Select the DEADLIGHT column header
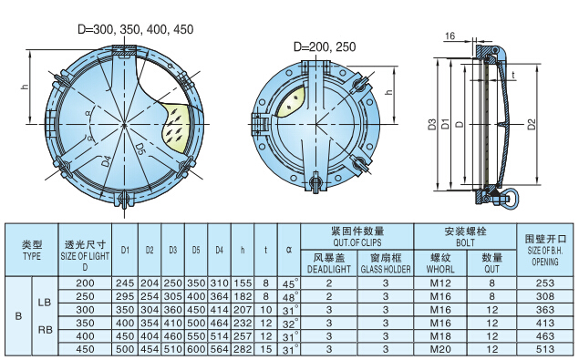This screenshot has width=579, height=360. [x=326, y=263]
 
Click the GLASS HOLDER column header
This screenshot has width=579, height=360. [x=386, y=263]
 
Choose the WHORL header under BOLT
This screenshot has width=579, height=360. [x=441, y=263]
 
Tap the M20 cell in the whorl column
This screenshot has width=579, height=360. [x=441, y=349]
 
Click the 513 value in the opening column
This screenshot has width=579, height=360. [x=545, y=349]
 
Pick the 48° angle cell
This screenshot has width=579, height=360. [x=288, y=297]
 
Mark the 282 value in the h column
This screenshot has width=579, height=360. [x=242, y=349]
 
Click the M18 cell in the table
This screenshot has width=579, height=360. [x=441, y=336]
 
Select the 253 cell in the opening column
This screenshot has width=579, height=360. [x=545, y=284]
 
